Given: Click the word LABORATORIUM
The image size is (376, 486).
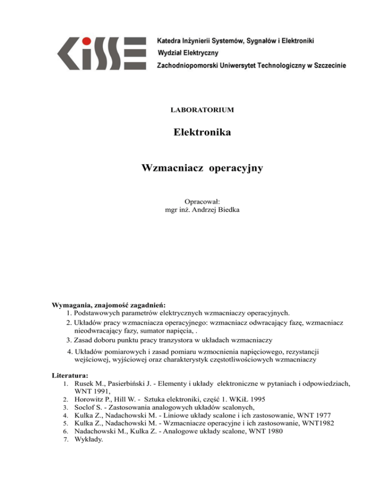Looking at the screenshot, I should click(x=202, y=110).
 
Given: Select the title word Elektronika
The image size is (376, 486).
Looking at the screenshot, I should click(x=202, y=133).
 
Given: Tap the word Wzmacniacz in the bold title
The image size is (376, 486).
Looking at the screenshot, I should click(x=172, y=168).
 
